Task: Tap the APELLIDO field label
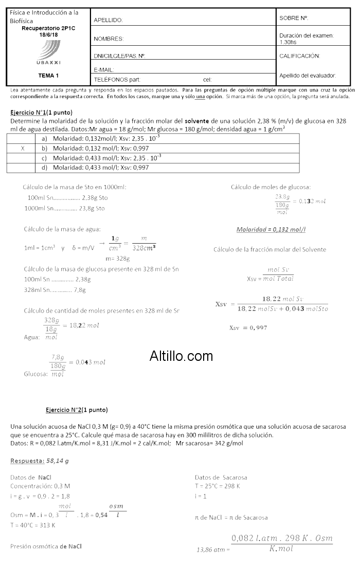click(x=108, y=20)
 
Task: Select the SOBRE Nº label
click(x=294, y=18)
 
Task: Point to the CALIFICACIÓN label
click(x=299, y=56)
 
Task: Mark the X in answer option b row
click(x=23, y=148)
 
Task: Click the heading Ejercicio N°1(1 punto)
click(x=42, y=112)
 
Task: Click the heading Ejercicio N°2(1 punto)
click(x=77, y=410)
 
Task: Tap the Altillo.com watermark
click(x=181, y=356)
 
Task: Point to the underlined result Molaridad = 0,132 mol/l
click(x=275, y=229)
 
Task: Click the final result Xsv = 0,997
click(x=248, y=327)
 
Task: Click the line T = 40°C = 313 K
click(x=32, y=525)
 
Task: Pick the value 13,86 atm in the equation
click(x=211, y=549)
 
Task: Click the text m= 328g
click(x=117, y=259)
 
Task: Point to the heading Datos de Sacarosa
click(x=221, y=477)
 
